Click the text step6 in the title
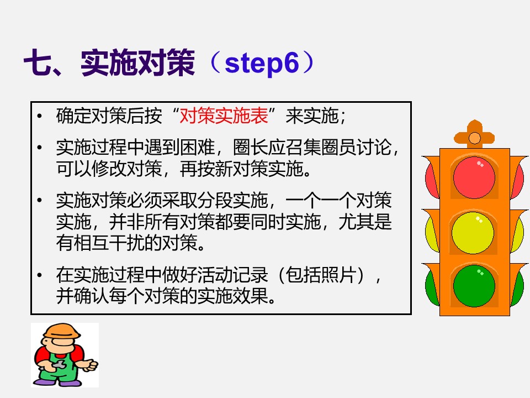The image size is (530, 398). (262, 65)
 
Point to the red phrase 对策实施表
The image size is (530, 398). (224, 117)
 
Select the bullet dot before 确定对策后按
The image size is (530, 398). (39, 117)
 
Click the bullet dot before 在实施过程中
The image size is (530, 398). (39, 275)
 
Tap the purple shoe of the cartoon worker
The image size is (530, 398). (45, 381)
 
